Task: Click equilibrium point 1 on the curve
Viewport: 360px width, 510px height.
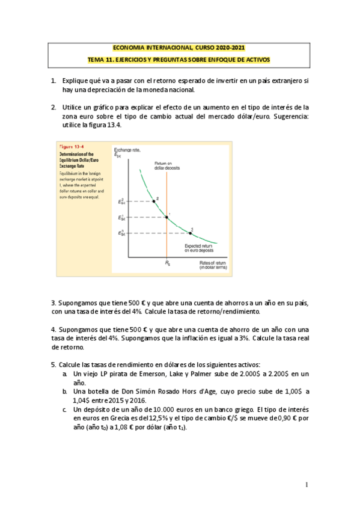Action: tap(166, 217)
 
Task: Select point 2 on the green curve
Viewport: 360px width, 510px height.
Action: tap(154, 200)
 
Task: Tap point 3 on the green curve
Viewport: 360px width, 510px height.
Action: tap(191, 232)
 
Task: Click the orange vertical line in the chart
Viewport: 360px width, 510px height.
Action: tap(166, 241)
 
